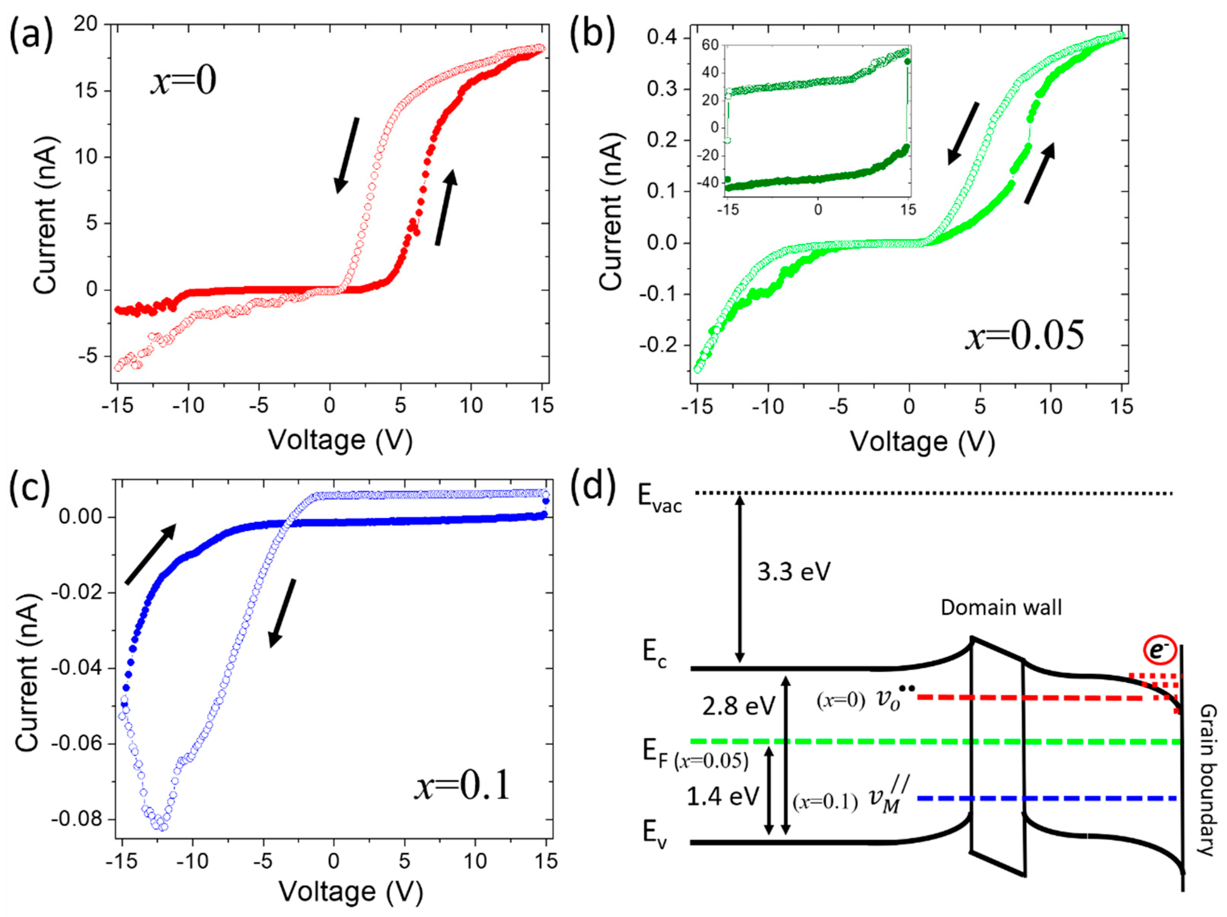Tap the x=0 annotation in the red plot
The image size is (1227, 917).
[x=183, y=80]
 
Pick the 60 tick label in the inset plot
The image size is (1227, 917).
[x=710, y=45]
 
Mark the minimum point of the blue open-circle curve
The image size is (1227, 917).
[x=163, y=826]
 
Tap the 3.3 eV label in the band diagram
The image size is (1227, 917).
[x=794, y=571]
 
